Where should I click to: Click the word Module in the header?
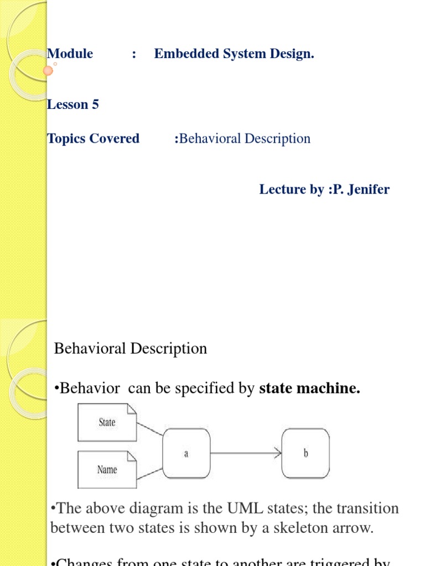pyautogui.click(x=70, y=54)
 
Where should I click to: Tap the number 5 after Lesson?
pyautogui.click(x=95, y=104)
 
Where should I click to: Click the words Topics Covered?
pyautogui.click(x=93, y=138)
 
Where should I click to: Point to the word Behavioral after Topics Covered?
pyautogui.click(x=211, y=138)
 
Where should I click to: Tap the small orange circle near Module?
pyautogui.click(x=48, y=70)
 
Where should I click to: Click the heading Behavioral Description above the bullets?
pyautogui.click(x=131, y=348)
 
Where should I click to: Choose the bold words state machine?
pyautogui.click(x=310, y=389)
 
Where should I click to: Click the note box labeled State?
pyautogui.click(x=107, y=422)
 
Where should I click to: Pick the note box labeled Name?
pyautogui.click(x=107, y=470)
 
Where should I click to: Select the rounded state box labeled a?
pyautogui.click(x=186, y=454)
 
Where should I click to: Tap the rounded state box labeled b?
pyautogui.click(x=305, y=454)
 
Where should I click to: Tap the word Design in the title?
pyautogui.click(x=293, y=54)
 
